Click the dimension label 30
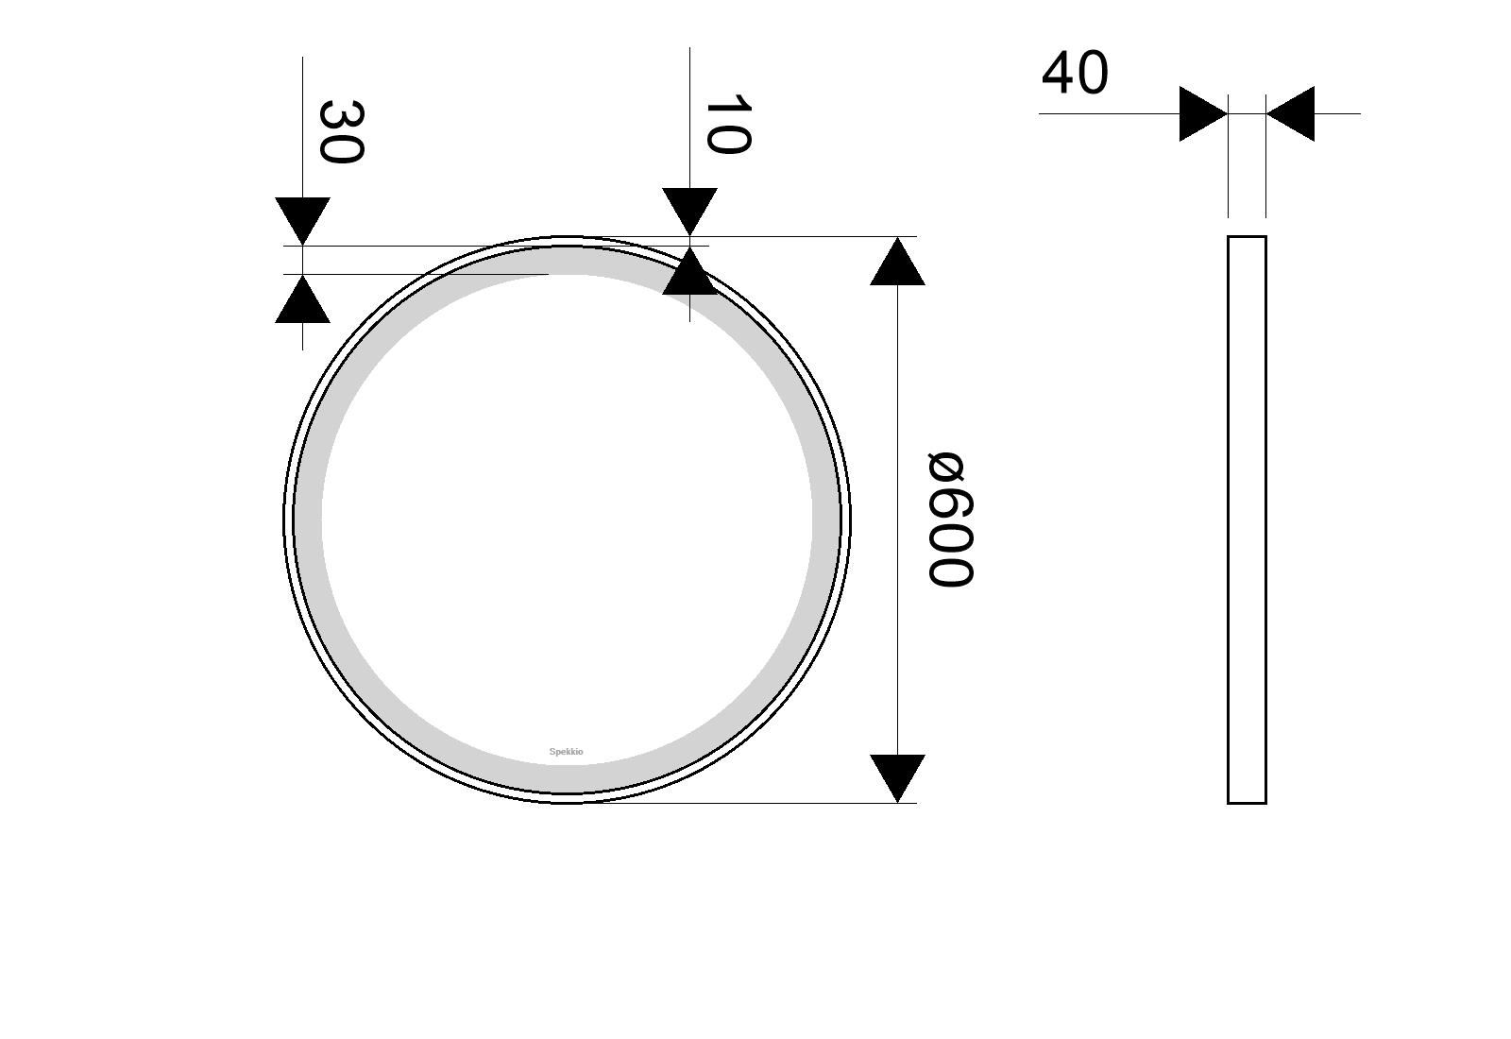click(340, 131)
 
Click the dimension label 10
click(727, 124)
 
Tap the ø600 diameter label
click(949, 519)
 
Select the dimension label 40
click(1075, 74)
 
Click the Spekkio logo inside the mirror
click(567, 752)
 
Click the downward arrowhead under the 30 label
click(302, 219)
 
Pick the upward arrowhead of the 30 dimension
click(302, 300)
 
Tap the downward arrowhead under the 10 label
click(689, 210)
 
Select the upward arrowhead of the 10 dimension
click(689, 272)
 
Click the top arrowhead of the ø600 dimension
click(897, 263)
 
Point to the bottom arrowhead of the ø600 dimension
click(897, 776)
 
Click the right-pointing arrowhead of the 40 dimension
click(1201, 114)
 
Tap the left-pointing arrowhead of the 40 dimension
click(1292, 114)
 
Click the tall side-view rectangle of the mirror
click(1247, 519)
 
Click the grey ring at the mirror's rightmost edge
click(826, 519)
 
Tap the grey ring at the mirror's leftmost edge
click(308, 519)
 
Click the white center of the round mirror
click(567, 519)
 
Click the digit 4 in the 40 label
click(1058, 74)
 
